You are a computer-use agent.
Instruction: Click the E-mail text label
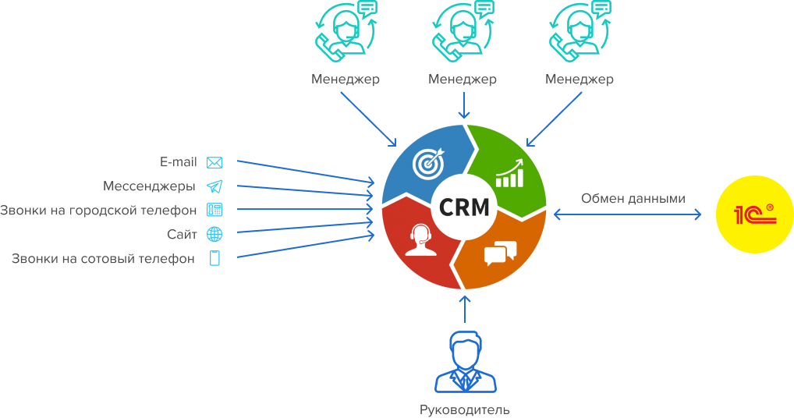(179, 162)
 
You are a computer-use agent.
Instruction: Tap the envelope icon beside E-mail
(214, 163)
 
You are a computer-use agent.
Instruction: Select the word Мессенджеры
(149, 186)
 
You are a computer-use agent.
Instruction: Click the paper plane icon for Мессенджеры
(214, 186)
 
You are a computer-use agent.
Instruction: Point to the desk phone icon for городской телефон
(214, 210)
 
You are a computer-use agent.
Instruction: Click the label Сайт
(181, 234)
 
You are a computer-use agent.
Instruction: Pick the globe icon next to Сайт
(214, 234)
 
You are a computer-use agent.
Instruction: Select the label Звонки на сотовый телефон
(103, 259)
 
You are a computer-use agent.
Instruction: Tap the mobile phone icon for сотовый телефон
(214, 259)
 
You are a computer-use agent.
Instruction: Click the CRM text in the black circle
(465, 207)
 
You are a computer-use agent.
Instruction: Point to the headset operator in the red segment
(419, 238)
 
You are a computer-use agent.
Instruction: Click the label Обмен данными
(633, 198)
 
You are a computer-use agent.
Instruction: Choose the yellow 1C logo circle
(753, 214)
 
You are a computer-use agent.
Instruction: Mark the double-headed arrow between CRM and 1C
(628, 214)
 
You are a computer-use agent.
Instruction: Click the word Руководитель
(464, 409)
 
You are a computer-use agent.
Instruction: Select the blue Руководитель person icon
(464, 362)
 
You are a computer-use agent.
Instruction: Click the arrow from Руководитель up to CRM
(465, 308)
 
